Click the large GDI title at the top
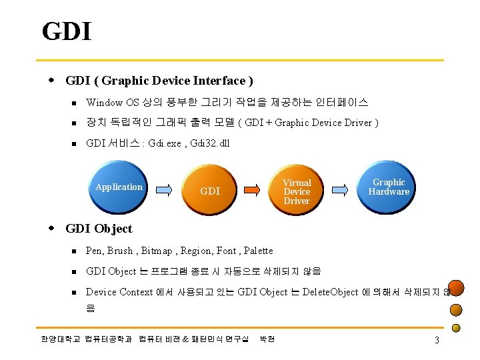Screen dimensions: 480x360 coord(66,31)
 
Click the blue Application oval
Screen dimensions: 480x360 coord(119,187)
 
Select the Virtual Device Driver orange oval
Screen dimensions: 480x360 coord(297,191)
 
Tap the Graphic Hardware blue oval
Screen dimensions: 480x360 coord(389,187)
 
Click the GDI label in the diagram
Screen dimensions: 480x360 coord(210,191)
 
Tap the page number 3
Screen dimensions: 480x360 coord(436,341)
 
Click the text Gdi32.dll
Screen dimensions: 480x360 coord(210,143)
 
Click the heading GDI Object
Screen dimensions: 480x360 coord(99,229)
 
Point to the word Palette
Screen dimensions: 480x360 coord(258,251)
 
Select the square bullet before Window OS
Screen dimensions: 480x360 coord(76,103)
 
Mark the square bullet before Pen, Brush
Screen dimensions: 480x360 coord(76,251)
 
